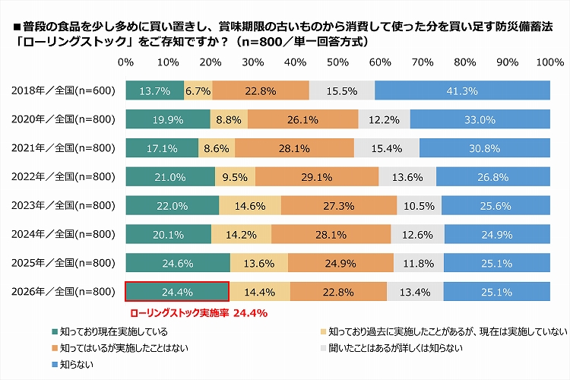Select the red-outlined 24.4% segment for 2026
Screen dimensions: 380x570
coord(176,292)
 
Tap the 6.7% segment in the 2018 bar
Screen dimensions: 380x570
coord(198,90)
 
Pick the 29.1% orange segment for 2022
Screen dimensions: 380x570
coord(317,177)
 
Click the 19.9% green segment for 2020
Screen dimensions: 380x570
coord(167,119)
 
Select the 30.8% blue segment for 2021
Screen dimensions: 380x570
coord(485,148)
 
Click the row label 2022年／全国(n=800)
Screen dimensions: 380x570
coord(64,177)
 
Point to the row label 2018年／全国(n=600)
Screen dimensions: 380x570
coord(64,90)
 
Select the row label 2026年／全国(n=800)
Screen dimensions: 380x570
coord(64,292)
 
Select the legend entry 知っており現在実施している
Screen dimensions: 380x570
coord(115,332)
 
